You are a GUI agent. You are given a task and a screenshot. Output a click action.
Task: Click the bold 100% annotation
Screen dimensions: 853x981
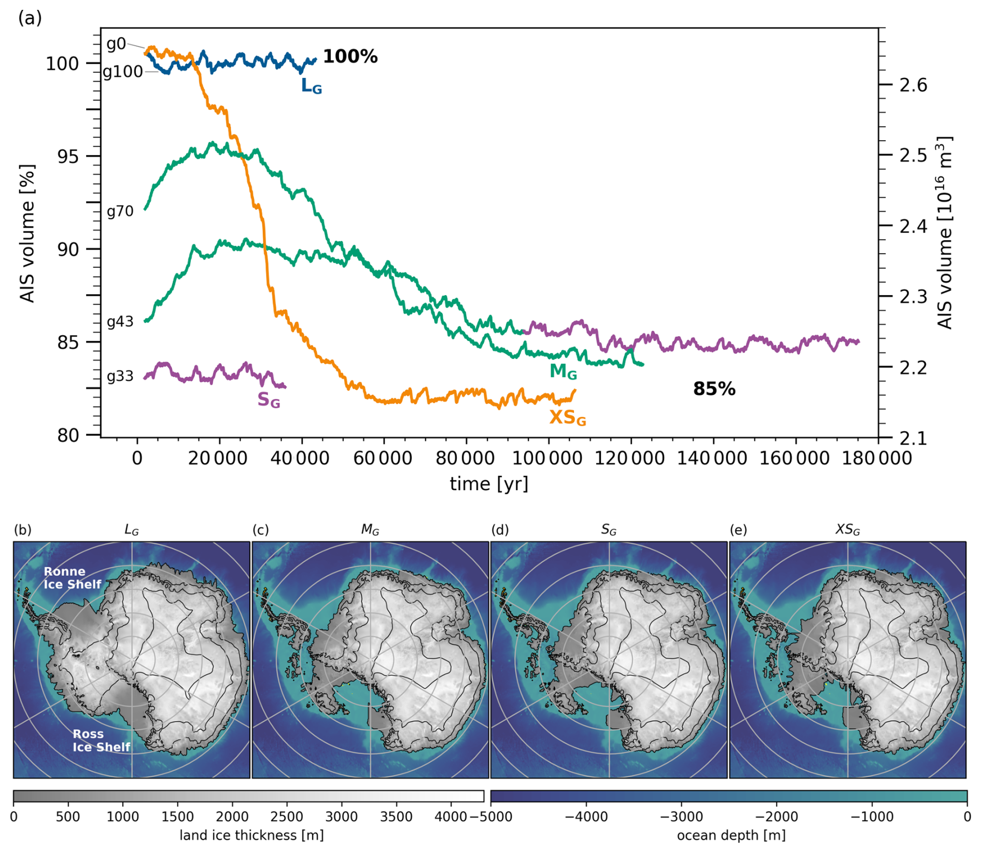pos(350,57)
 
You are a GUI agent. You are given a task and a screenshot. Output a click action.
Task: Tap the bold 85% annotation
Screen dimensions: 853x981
pos(714,389)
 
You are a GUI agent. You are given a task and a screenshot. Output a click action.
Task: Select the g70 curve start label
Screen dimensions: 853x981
pos(120,211)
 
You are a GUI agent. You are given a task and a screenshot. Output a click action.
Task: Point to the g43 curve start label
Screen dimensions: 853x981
pos(120,322)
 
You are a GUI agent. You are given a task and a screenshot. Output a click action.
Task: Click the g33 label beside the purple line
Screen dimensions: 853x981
pos(120,376)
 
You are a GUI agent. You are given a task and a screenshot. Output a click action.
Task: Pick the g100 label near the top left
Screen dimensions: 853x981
pos(123,72)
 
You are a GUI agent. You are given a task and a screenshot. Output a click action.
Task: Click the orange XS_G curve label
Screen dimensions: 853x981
pos(568,417)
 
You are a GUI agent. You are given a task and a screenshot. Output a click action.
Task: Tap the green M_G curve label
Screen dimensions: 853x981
pos(563,372)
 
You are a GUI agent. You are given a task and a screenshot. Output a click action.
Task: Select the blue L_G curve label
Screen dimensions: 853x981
pos(311,86)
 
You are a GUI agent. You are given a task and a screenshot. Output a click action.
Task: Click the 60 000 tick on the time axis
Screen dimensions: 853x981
pos(384,458)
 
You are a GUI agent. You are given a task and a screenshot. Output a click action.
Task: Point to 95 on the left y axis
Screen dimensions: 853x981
pos(68,157)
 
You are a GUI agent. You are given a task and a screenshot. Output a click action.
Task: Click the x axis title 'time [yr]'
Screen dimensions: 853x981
pos(489,484)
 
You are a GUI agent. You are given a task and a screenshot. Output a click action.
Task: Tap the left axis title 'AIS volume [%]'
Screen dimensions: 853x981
pos(27,233)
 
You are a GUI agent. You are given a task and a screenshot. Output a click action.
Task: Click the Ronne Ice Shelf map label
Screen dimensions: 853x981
pos(72,577)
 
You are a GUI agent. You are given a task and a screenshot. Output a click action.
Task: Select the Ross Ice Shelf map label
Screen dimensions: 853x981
pos(101,740)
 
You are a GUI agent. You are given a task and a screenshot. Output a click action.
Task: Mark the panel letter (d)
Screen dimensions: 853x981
pos(500,530)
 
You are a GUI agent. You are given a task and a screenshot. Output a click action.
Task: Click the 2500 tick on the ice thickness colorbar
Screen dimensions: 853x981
pos(287,816)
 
